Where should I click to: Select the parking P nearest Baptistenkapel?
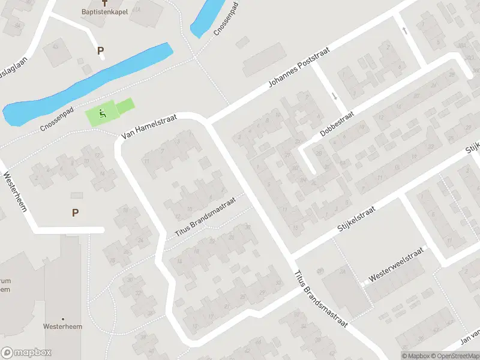[x=100, y=51]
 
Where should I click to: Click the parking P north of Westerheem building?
[x=75, y=212]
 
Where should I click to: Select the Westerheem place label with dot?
[x=62, y=326]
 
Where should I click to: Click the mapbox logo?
[x=26, y=353]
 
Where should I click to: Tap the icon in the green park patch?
[x=103, y=112]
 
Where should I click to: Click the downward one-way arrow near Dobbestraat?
[x=334, y=96]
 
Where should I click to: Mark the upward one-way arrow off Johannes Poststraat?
[x=406, y=30]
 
